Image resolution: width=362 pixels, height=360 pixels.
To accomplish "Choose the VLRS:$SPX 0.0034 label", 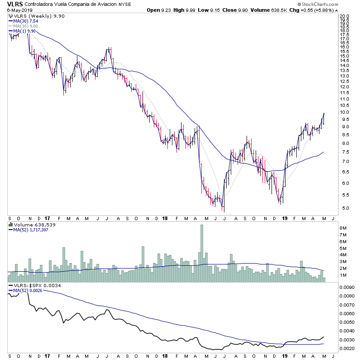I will (31, 285).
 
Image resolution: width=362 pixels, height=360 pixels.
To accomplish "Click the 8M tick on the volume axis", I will (343, 228).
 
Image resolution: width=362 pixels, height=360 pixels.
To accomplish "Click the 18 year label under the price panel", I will (164, 217).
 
